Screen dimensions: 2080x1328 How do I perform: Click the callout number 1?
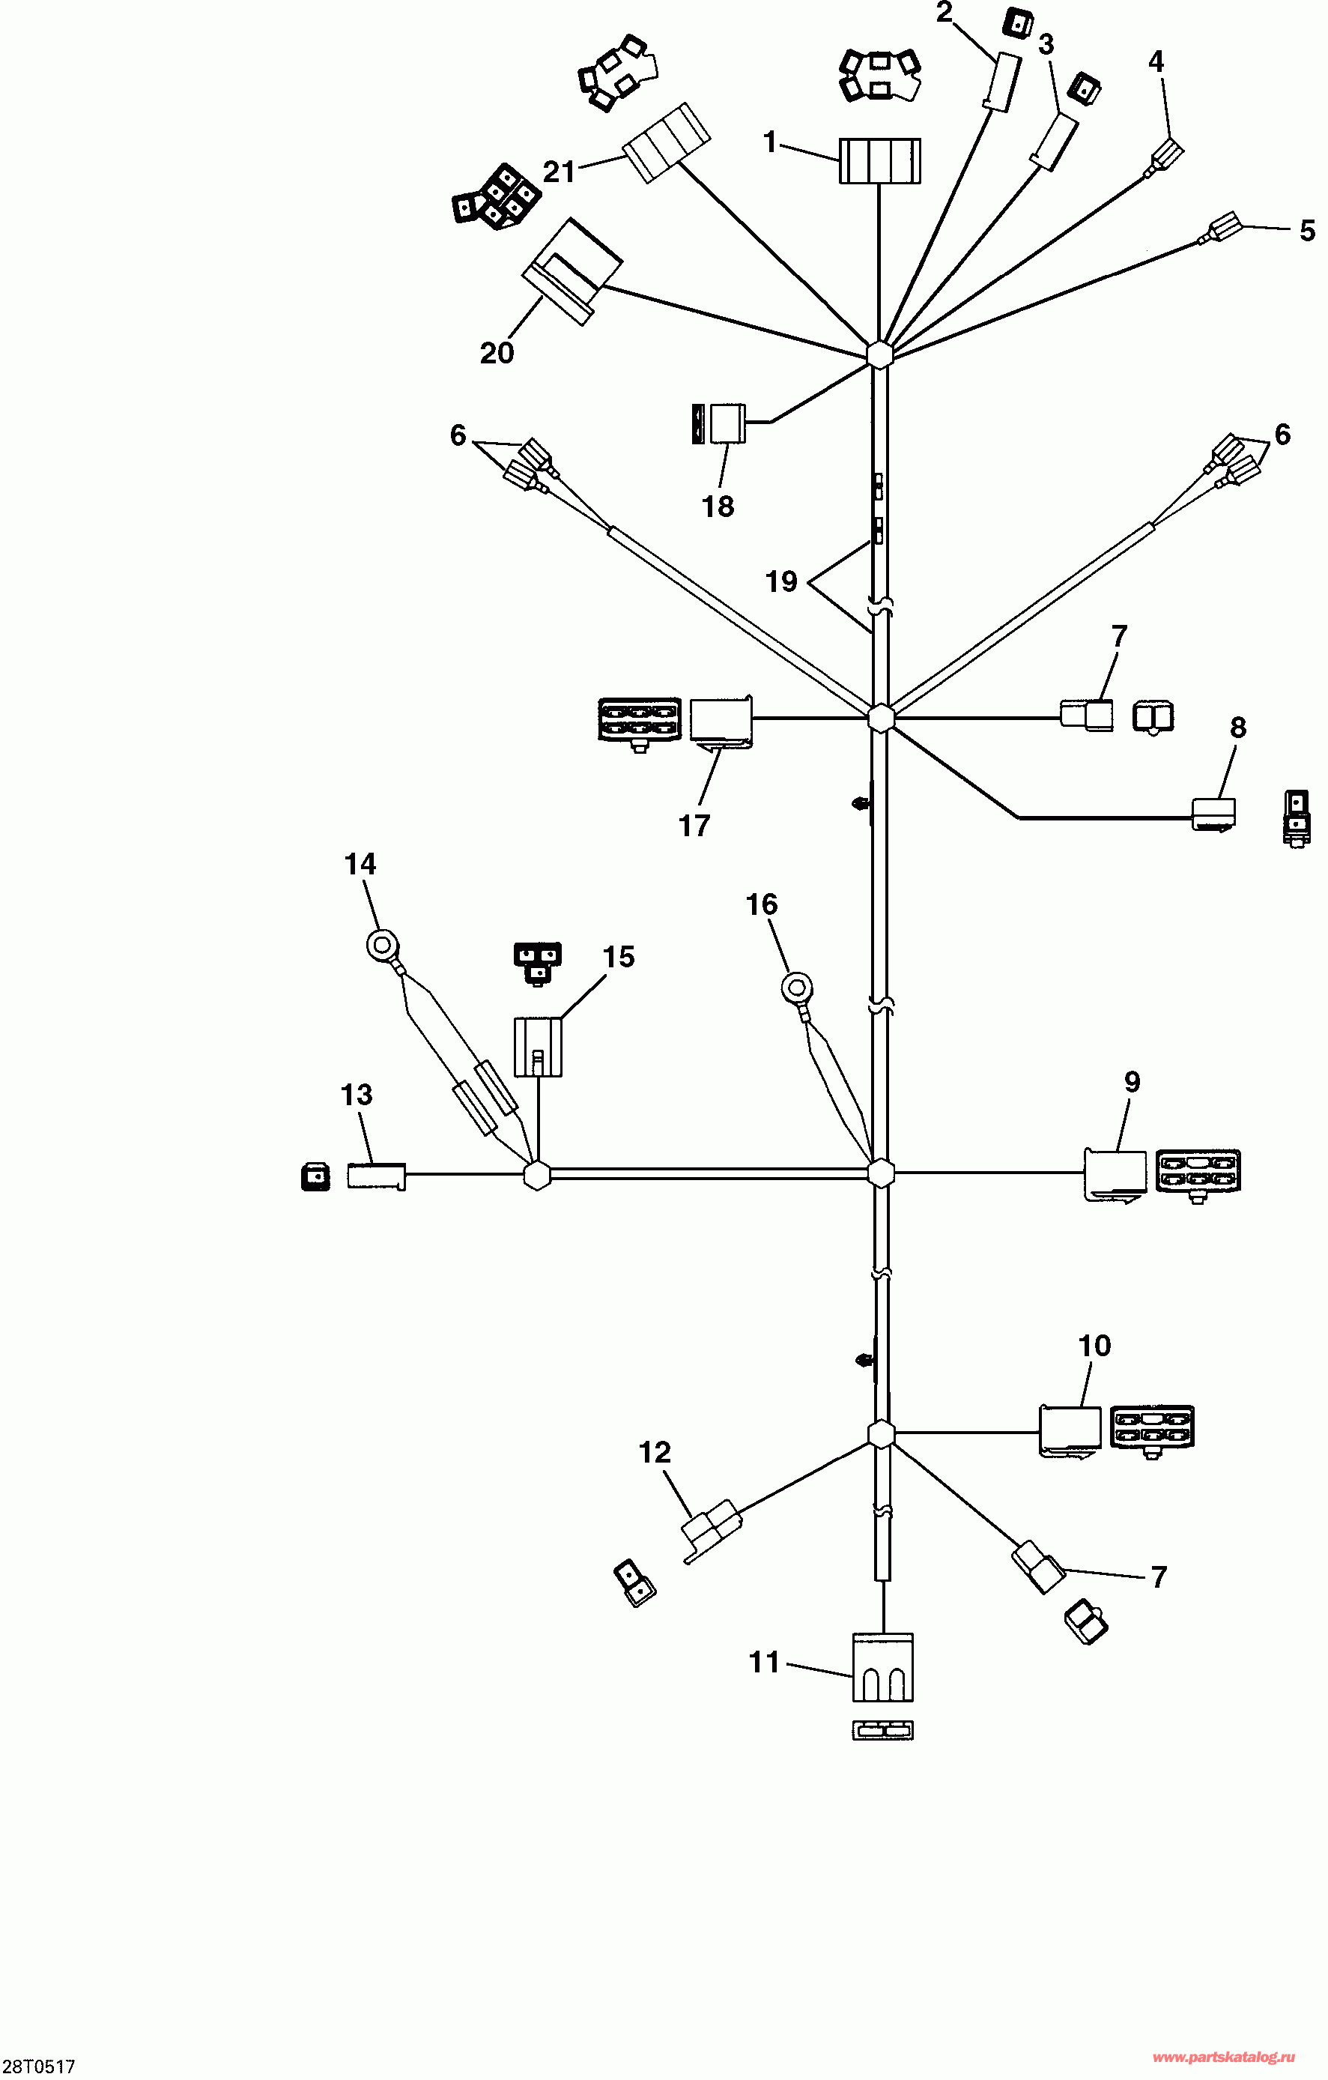coord(771,142)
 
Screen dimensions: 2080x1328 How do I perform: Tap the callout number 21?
coord(559,172)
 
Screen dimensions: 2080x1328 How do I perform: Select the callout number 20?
coord(497,352)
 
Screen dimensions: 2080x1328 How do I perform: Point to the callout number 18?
coord(718,507)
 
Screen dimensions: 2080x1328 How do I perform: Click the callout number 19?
coord(780,581)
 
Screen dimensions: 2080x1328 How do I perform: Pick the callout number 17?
coord(694,826)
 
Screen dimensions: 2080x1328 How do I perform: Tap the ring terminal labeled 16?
coord(796,987)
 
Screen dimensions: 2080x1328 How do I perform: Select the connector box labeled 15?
coord(538,1047)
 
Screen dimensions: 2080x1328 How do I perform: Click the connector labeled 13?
coord(375,1176)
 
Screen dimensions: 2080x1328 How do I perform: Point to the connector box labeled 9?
coord(1115,1173)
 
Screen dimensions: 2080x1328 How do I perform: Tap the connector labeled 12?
coord(712,1532)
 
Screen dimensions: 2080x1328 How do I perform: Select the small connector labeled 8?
coord(1214,813)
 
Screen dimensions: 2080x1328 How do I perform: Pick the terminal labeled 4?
coord(1168,157)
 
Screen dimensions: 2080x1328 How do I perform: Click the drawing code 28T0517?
coord(38,2067)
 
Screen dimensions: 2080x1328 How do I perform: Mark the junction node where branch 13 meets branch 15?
coord(537,1175)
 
